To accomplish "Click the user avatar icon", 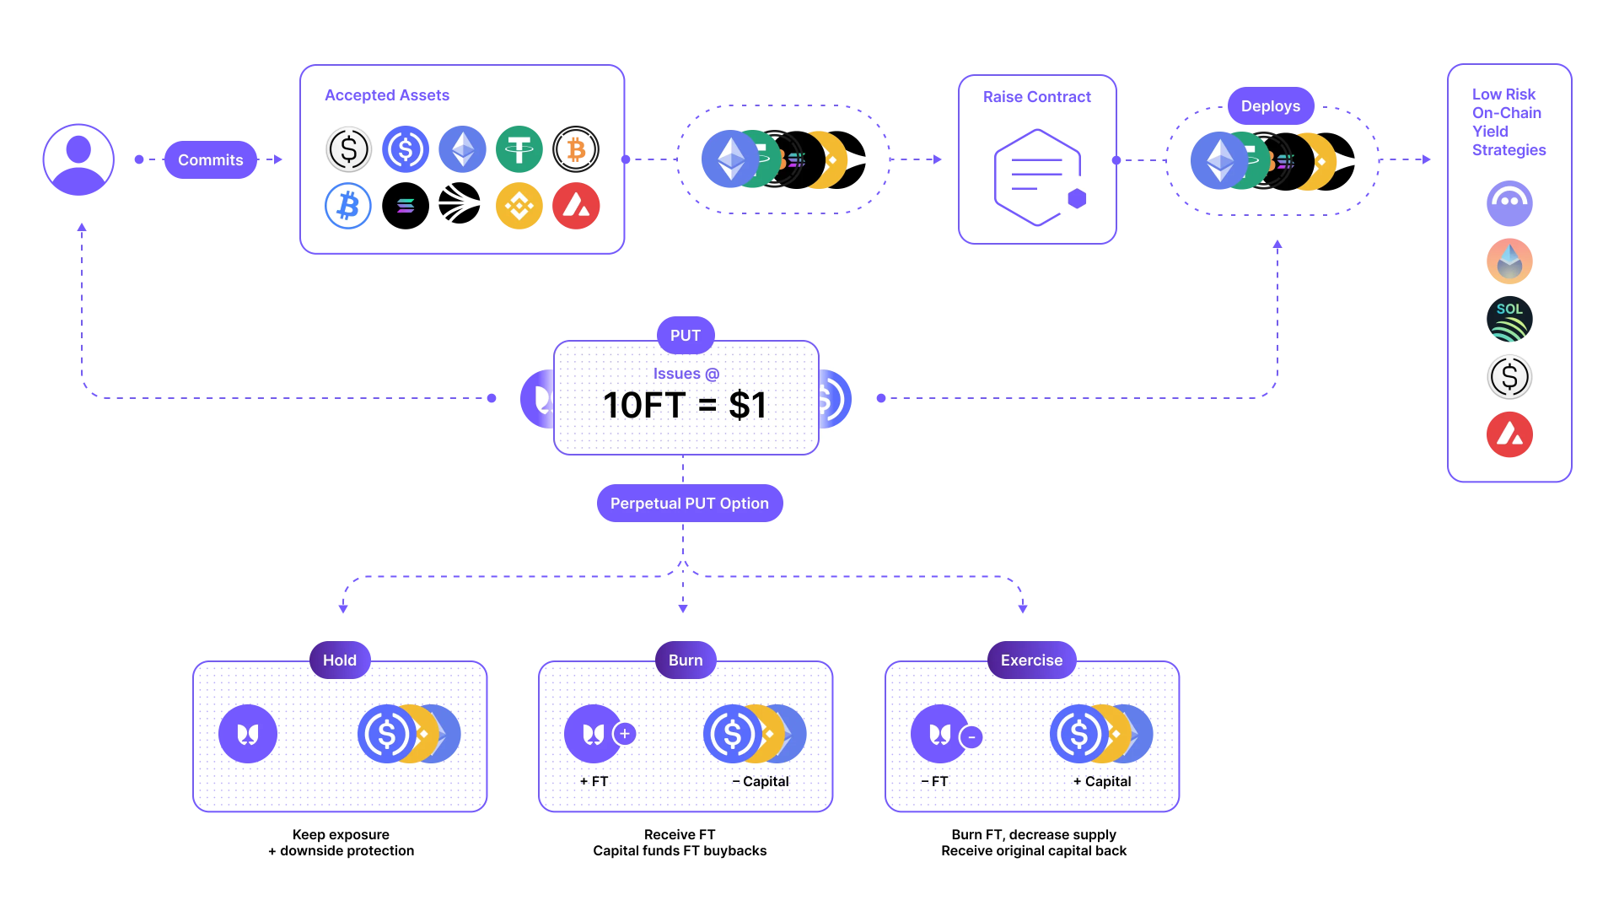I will [78, 159].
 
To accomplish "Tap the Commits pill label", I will [210, 159].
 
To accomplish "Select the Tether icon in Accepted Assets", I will [519, 149].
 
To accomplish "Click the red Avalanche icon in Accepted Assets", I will [576, 206].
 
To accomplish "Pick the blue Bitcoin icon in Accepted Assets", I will [348, 206].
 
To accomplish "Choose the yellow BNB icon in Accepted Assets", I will [519, 206].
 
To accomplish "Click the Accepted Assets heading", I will [387, 95].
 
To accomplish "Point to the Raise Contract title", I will [1036, 97].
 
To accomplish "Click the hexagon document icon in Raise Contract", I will [1036, 176].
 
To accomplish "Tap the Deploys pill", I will [1270, 106].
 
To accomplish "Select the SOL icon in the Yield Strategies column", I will [1509, 319].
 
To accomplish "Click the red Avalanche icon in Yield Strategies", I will [1509, 434].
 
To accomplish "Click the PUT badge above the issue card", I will [685, 336].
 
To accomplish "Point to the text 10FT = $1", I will [685, 405].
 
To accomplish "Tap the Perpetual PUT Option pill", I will [689, 504].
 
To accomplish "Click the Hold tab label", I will [339, 660].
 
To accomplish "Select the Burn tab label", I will [685, 660].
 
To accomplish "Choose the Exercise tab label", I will [1030, 660].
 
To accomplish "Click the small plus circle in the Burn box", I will [625, 734].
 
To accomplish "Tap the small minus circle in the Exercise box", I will [971, 737].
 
